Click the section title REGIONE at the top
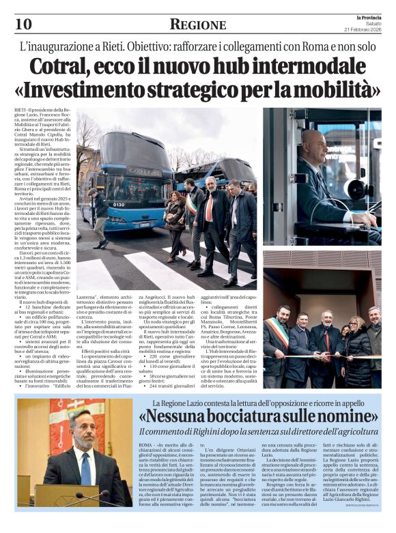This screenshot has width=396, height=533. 197,25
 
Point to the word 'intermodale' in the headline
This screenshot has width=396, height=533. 313,68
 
